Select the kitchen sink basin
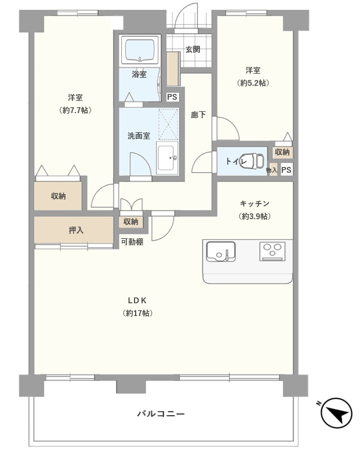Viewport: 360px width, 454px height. [x=220, y=251]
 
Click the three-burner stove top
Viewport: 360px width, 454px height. [x=272, y=251]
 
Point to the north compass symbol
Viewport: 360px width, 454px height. [x=336, y=413]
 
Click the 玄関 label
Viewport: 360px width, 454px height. [x=192, y=49]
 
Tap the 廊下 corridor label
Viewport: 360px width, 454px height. [x=198, y=115]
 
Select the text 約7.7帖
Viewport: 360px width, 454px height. [x=75, y=110]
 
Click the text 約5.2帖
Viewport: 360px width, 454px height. [x=253, y=83]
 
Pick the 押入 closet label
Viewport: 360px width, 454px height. [x=76, y=230]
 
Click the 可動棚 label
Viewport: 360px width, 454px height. [x=132, y=242]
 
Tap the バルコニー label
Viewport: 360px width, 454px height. [x=161, y=414]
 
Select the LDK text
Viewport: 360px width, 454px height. [x=137, y=300]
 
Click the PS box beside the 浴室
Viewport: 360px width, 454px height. [x=172, y=97]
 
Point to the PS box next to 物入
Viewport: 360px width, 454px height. [x=286, y=170]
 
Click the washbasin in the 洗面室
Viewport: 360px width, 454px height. [x=168, y=158]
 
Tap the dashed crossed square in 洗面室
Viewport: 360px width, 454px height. [x=168, y=124]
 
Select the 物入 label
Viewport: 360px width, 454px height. [x=272, y=170]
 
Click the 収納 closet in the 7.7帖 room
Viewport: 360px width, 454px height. [x=58, y=196]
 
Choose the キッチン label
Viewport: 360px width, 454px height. [x=254, y=204]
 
